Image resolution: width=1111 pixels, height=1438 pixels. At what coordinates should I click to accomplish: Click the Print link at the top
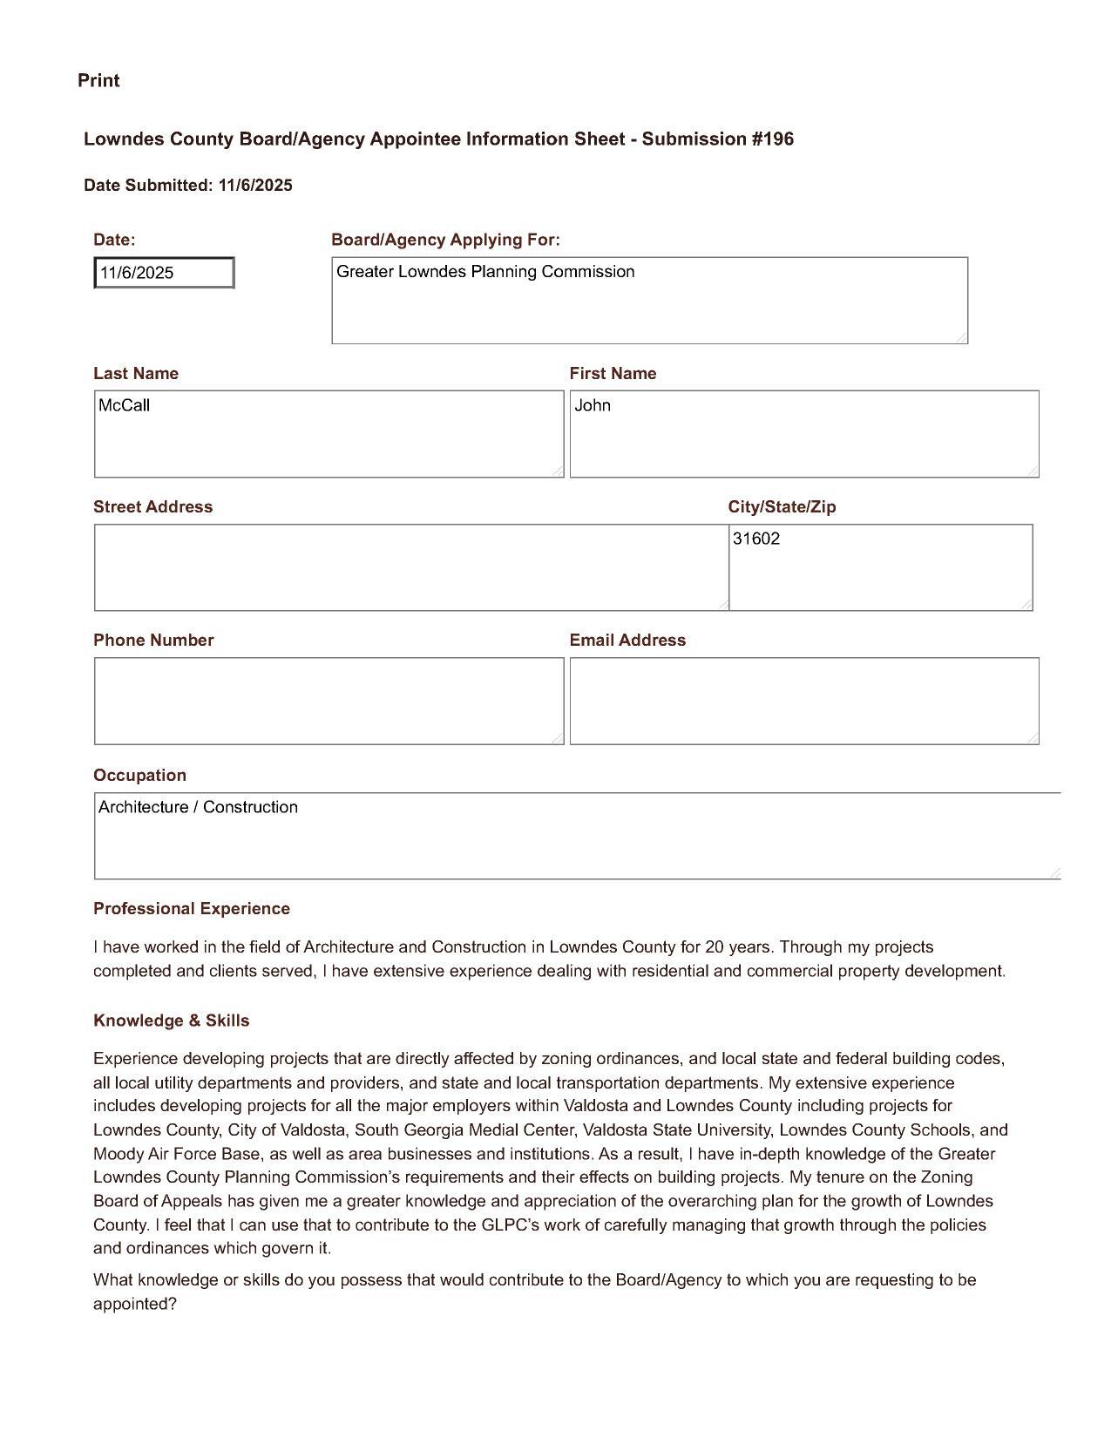98,80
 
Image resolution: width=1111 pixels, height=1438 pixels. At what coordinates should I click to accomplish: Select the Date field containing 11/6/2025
164,273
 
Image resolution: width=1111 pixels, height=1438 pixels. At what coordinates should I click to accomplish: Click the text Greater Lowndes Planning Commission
485,272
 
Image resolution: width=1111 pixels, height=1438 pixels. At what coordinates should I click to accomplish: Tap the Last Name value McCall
125,405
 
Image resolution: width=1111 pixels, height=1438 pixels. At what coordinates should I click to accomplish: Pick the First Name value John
593,405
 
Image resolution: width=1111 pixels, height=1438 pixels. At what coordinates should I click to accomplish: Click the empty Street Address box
410,567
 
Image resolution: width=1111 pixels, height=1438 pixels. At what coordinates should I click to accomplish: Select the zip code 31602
756,539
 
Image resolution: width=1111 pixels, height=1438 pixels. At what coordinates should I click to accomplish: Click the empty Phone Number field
329,701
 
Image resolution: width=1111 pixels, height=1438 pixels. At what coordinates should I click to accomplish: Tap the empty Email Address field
803,701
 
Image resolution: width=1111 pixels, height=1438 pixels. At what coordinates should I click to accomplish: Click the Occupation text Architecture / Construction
199,807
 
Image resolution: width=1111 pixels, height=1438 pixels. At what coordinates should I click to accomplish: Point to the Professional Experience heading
192,909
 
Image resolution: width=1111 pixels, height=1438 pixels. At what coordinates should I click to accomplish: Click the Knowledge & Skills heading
172,1021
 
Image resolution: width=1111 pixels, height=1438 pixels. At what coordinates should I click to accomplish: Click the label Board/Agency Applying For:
445,240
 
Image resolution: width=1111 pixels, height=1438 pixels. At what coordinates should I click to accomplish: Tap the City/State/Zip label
782,507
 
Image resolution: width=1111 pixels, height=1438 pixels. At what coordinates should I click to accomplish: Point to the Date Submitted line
188,186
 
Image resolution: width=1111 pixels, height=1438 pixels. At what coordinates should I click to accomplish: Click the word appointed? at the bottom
135,1305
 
